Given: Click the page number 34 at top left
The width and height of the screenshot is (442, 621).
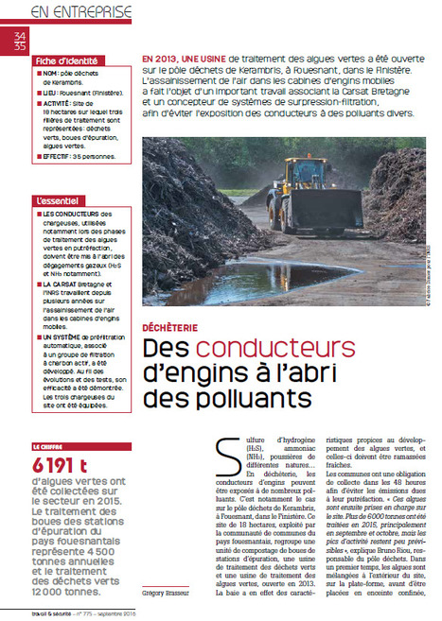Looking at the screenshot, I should (x=20, y=36).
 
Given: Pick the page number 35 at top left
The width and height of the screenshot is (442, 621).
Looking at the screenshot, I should (x=20, y=45).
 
